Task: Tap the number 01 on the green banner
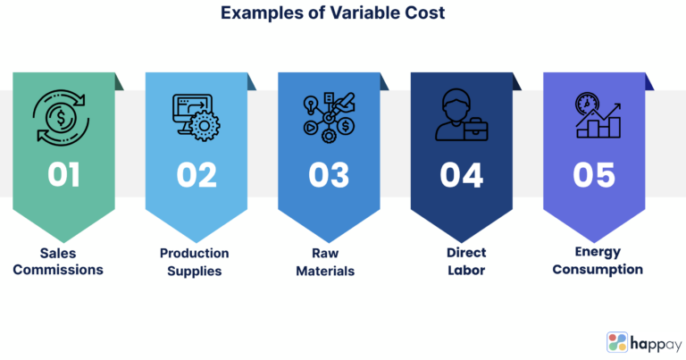click(x=64, y=173)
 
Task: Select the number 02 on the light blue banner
click(x=197, y=173)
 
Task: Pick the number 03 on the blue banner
click(x=329, y=173)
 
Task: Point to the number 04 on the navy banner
click(x=462, y=173)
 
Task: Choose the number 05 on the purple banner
click(x=595, y=173)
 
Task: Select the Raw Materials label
click(x=329, y=262)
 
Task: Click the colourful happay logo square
click(x=617, y=342)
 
